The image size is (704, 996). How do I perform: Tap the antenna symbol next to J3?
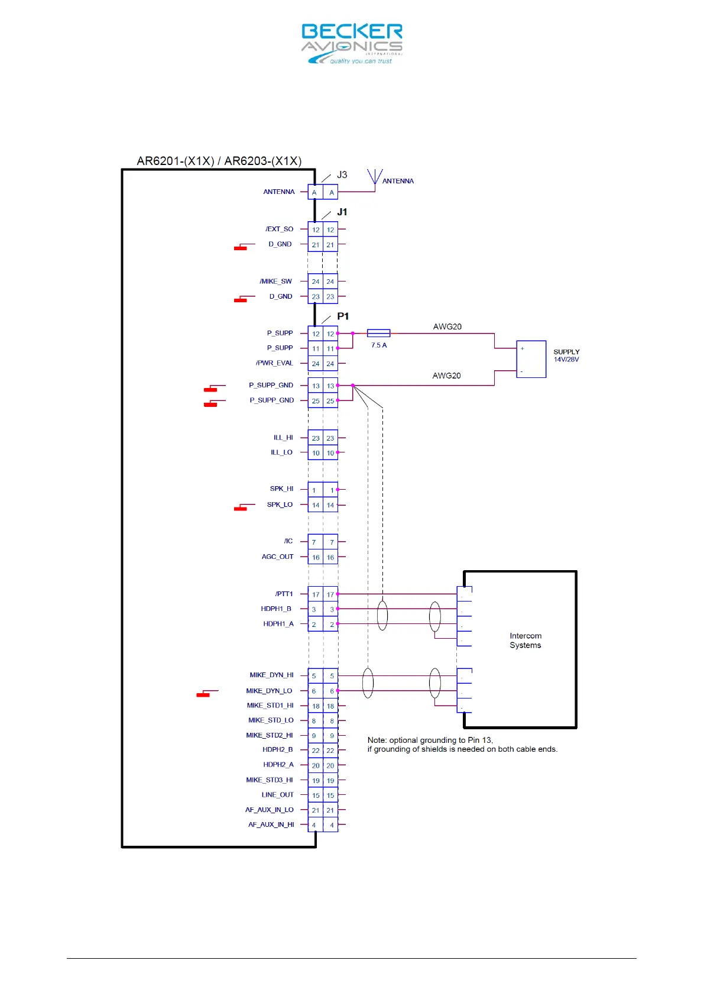tap(375, 178)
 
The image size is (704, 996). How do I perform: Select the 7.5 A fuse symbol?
tap(378, 334)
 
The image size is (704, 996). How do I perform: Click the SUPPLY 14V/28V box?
tap(531, 359)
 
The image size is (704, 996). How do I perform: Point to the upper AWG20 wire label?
tap(447, 326)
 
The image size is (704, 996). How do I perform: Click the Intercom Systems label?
tap(525, 641)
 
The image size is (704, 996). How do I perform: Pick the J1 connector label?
tap(342, 212)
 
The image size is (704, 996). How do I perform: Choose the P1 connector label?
tap(343, 316)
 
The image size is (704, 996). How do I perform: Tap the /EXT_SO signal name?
tap(280, 229)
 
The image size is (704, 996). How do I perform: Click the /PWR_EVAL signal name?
tap(275, 363)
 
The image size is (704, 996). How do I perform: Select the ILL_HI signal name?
tap(283, 438)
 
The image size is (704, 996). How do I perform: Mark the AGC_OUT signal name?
tap(278, 557)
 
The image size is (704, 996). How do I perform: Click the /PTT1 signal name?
tap(284, 594)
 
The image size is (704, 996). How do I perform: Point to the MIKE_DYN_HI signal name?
tap(271, 675)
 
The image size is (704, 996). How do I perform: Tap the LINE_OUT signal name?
tap(278, 795)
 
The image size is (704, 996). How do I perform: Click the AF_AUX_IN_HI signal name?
tap(271, 824)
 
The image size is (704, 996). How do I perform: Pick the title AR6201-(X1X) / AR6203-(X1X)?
tap(219, 161)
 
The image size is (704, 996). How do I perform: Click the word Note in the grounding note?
tap(377, 740)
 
